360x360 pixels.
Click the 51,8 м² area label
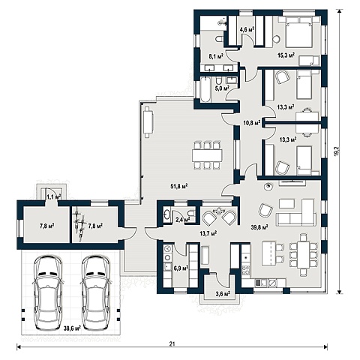(x=179, y=186)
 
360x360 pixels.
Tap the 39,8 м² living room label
(x=259, y=227)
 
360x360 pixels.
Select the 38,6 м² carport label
(x=72, y=328)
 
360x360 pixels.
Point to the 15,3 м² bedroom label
(x=286, y=55)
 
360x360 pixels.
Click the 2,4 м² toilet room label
(x=183, y=220)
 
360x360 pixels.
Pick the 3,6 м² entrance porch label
(x=223, y=293)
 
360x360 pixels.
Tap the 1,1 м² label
(x=54, y=197)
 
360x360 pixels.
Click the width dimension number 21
(x=172, y=344)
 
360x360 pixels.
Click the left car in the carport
(x=47, y=292)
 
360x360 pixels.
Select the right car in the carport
(x=96, y=292)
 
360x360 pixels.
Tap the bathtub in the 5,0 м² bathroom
(x=205, y=89)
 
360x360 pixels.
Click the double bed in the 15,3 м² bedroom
(x=299, y=31)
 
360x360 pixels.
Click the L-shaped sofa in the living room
(x=295, y=212)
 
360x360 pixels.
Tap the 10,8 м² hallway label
(x=252, y=122)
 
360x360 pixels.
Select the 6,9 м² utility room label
(x=181, y=268)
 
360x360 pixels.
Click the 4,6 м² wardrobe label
(x=247, y=30)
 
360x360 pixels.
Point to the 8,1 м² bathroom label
(x=216, y=56)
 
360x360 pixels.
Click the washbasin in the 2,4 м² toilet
(x=167, y=214)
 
